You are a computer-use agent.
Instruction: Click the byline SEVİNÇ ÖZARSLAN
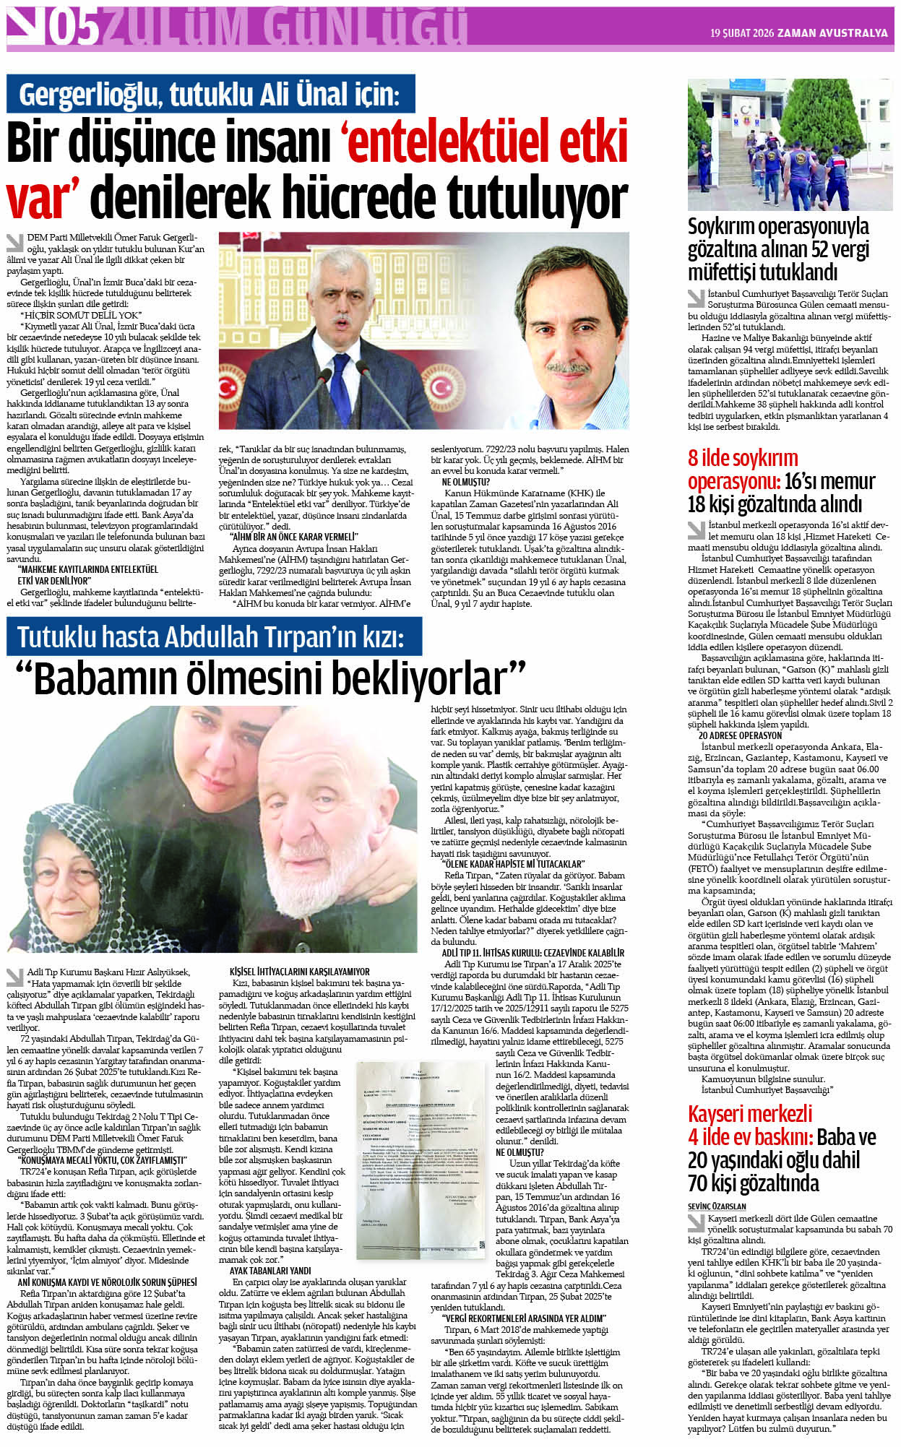pos(717,1206)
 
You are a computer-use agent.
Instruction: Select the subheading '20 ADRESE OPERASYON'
pos(740,735)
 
